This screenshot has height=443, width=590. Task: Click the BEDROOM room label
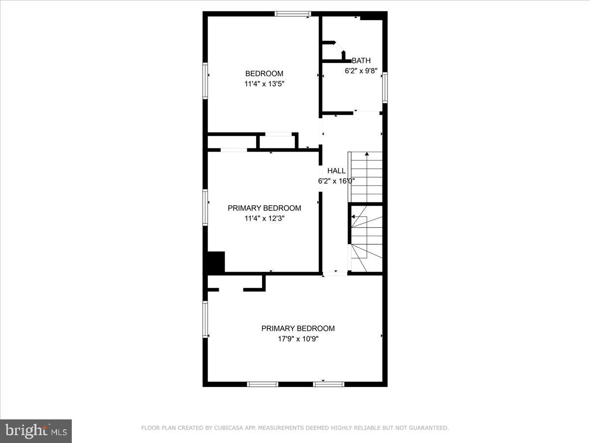(x=264, y=74)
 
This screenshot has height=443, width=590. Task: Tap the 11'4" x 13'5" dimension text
(x=264, y=84)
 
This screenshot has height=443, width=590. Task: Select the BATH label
(x=361, y=61)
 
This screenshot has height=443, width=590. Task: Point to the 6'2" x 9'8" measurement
(x=361, y=70)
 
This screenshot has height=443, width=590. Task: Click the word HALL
(x=336, y=171)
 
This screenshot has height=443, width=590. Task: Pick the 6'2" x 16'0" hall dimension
(x=336, y=181)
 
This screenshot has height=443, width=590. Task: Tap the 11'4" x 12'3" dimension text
(x=264, y=218)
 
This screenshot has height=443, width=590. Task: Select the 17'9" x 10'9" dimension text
(x=298, y=338)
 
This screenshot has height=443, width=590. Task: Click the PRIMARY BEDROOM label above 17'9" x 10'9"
(x=298, y=328)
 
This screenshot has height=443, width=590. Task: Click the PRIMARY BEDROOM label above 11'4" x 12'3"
(x=264, y=208)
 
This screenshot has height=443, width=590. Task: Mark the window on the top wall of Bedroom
(x=293, y=14)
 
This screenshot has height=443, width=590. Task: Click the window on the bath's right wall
(x=385, y=88)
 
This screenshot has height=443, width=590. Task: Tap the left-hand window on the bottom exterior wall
(x=263, y=384)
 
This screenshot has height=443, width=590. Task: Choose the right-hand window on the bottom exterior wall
(x=329, y=384)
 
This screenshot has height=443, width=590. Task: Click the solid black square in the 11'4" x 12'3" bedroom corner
(x=215, y=262)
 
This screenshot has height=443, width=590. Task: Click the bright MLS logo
(x=36, y=431)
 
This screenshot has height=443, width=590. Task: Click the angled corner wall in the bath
(x=339, y=49)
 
